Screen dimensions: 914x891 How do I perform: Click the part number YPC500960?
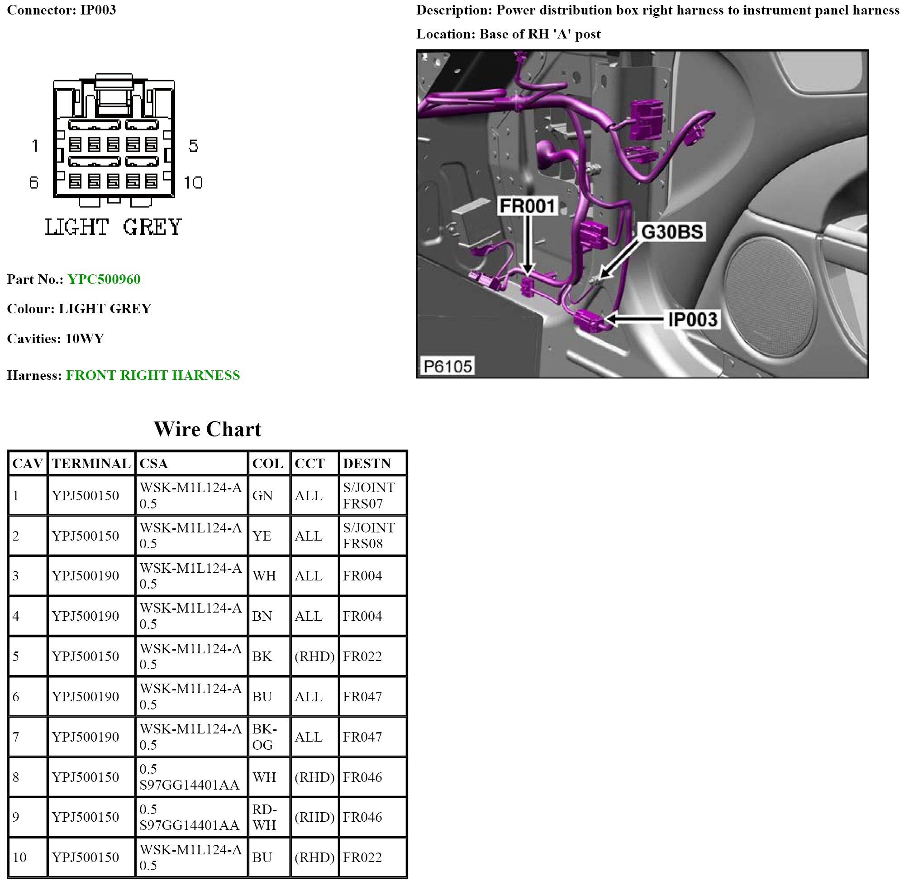point(104,279)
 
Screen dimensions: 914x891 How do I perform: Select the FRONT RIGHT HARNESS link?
point(152,375)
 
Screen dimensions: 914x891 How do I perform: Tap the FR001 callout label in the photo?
point(527,206)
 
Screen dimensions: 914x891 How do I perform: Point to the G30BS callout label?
point(672,232)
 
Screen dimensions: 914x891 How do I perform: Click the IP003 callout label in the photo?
point(692,320)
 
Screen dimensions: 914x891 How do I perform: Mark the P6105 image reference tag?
point(447,366)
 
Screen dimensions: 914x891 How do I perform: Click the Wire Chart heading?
point(207,429)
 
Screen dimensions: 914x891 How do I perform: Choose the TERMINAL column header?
point(91,463)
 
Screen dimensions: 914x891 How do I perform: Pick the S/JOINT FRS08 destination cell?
point(369,536)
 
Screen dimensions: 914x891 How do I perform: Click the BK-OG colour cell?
point(265,737)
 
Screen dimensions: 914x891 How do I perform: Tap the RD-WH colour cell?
point(265,817)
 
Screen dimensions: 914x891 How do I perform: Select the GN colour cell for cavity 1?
point(262,496)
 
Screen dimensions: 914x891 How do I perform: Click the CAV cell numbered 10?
point(19,857)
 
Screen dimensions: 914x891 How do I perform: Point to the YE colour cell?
point(262,536)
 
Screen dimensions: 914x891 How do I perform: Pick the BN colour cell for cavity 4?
point(262,616)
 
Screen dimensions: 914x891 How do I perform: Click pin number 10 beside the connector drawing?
point(193,182)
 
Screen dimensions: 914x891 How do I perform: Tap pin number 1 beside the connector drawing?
point(34,146)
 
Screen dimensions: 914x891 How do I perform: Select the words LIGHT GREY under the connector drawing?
point(113,227)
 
